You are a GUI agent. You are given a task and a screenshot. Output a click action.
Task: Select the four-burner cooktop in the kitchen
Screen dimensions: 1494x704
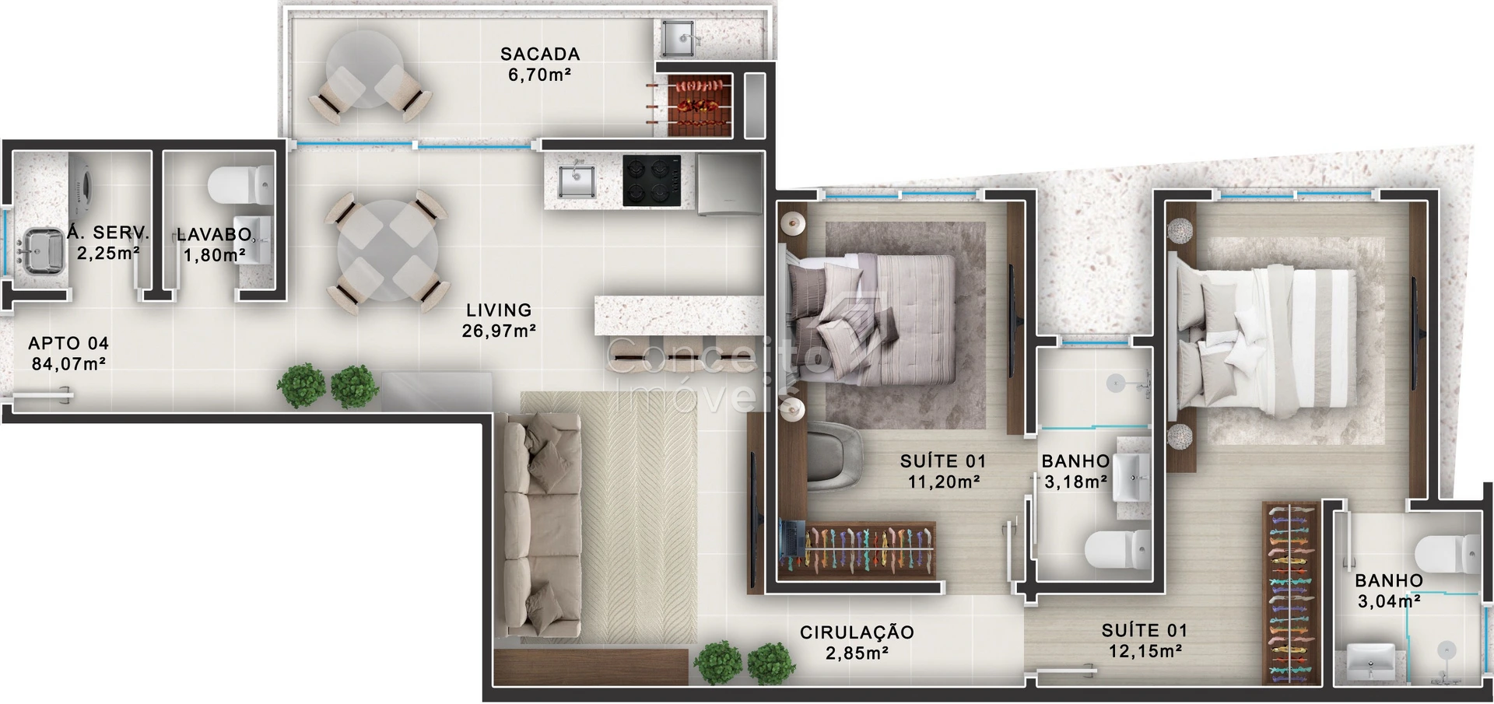point(651,181)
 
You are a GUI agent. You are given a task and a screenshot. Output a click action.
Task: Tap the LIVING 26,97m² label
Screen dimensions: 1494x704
point(499,320)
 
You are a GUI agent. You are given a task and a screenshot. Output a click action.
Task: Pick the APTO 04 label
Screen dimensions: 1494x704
point(68,344)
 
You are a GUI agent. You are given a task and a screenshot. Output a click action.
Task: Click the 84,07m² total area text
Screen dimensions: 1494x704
point(68,363)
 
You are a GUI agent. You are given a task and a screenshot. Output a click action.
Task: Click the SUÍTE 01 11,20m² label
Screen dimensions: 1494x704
point(943,471)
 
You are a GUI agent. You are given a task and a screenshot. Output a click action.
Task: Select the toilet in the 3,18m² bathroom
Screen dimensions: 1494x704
point(1117,552)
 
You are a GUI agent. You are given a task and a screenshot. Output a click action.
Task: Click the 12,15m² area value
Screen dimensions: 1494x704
point(1145,651)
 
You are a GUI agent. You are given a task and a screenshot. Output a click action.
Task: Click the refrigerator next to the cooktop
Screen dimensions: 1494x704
point(729,184)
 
